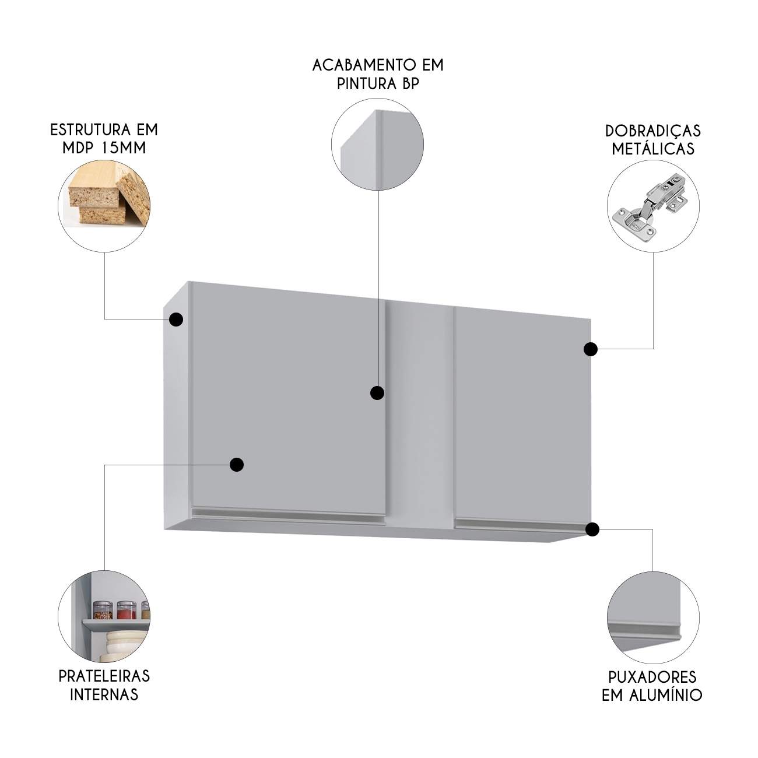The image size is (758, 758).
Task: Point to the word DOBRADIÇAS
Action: [653, 131]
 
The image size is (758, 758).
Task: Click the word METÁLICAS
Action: [653, 149]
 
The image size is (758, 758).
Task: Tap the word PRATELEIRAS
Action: [104, 676]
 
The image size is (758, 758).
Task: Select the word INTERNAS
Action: [104, 694]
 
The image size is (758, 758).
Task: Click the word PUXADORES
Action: [652, 678]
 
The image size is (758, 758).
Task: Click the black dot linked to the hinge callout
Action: [590, 349]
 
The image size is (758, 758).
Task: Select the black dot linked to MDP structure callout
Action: [176, 319]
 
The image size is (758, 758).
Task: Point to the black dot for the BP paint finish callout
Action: [377, 392]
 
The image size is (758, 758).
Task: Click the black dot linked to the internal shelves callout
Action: [236, 465]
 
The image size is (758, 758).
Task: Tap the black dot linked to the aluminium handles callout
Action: [592, 529]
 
